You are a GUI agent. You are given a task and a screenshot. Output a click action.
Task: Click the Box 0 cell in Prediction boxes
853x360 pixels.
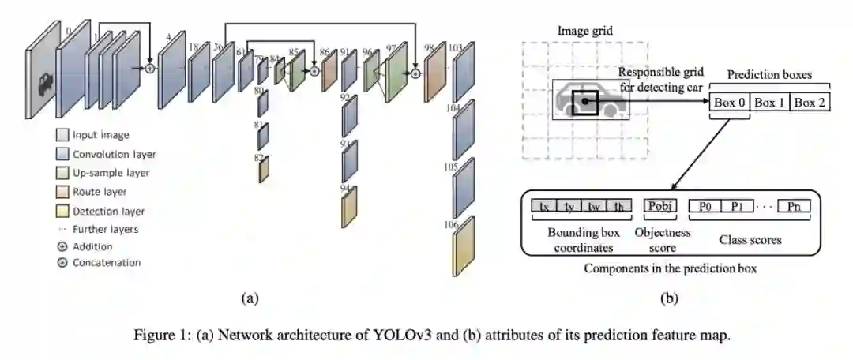click(x=728, y=103)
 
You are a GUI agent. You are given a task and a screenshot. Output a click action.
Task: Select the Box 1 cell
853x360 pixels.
click(x=769, y=103)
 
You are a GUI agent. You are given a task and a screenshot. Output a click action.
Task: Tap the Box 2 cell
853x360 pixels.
click(x=810, y=103)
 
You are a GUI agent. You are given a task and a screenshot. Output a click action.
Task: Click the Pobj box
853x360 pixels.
click(x=659, y=207)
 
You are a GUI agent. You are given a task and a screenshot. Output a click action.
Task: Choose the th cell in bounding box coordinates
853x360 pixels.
click(x=621, y=207)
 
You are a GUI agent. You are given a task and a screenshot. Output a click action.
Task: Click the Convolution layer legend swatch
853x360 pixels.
click(x=62, y=154)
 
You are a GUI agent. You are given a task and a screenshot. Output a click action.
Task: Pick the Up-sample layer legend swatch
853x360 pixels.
click(x=62, y=173)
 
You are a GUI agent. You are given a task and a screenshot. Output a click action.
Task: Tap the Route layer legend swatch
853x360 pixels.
click(x=62, y=192)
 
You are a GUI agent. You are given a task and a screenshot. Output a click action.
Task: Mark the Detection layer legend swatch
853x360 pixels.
click(x=62, y=211)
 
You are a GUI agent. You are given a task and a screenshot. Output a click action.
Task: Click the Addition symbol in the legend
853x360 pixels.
click(x=62, y=246)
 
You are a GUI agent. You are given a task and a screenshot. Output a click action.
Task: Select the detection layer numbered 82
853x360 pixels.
click(x=264, y=168)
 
